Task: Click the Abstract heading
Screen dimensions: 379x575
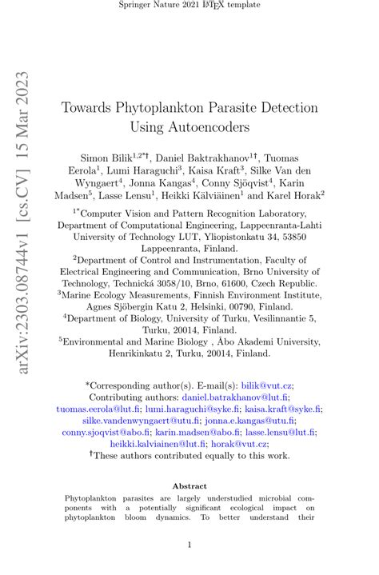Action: (x=189, y=485)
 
